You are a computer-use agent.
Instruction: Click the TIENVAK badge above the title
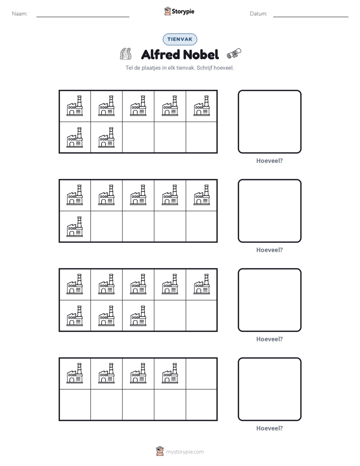coord(179,39)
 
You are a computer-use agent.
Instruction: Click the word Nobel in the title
coord(200,54)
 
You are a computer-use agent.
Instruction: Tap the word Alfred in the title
coord(160,54)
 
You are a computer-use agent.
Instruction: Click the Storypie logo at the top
coord(179,11)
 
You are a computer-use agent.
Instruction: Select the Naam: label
coord(20,14)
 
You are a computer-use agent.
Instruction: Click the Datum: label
coord(259,14)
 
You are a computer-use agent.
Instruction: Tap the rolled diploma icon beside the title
coord(234,54)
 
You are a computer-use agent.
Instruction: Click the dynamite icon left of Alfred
coord(126,54)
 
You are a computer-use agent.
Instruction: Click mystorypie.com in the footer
coord(185,452)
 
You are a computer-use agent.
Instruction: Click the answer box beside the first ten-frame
coord(269,122)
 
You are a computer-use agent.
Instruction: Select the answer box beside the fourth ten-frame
coord(269,389)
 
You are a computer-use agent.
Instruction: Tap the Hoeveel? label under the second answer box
coord(269,250)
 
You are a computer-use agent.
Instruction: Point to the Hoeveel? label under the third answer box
coord(269,339)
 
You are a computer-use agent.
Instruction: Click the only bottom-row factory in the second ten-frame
coord(75,226)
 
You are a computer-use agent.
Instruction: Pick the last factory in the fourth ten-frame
coord(170,373)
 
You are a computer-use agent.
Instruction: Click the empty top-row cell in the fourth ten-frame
coord(202,374)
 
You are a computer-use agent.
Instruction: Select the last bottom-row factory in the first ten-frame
coord(106,137)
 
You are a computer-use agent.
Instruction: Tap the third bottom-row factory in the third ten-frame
coord(138,316)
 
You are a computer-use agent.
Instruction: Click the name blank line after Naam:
coord(83,17)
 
